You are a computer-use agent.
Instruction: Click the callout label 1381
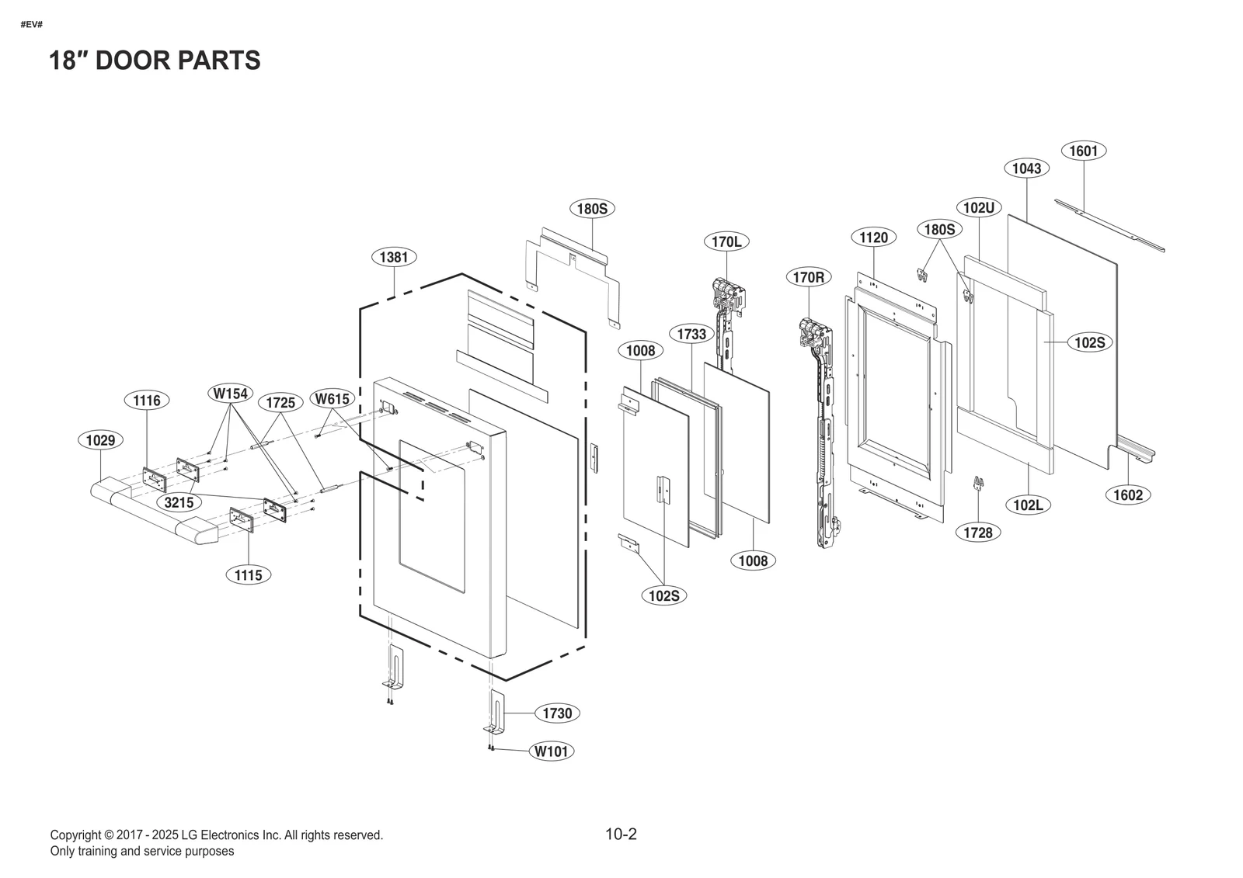point(394,257)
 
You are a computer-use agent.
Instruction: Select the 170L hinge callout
point(726,241)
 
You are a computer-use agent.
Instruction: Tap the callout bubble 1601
point(1083,151)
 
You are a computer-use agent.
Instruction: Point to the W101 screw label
point(552,751)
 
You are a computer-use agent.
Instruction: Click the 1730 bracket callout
point(557,713)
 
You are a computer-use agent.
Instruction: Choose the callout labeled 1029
point(100,441)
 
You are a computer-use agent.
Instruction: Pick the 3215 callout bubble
point(179,502)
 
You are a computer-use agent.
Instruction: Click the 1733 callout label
point(691,334)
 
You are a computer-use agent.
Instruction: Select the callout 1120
point(873,238)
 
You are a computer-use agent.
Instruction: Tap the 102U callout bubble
point(979,207)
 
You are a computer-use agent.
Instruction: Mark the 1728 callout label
point(978,533)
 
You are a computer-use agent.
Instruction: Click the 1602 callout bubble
point(1127,495)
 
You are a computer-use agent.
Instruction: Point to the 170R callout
point(808,277)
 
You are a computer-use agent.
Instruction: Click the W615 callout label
point(332,399)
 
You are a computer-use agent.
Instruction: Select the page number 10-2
point(621,835)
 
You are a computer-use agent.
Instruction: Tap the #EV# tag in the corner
point(31,24)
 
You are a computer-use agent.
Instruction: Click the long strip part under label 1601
point(1110,225)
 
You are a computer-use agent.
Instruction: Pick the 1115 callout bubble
point(249,575)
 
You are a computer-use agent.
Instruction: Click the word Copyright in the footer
point(76,835)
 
